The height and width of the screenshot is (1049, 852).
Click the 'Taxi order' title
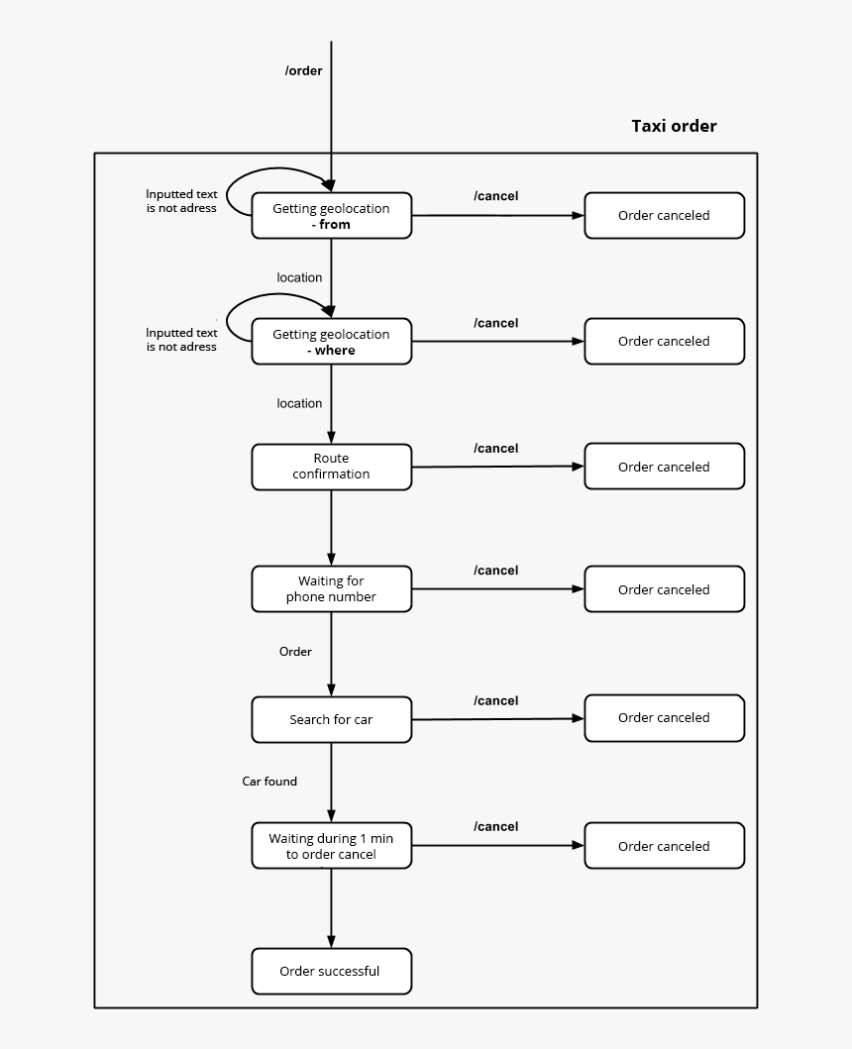674,126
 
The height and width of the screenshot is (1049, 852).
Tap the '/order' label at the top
304,70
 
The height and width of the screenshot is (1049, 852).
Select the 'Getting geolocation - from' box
331,216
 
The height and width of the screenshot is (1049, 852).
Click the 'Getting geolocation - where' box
331,342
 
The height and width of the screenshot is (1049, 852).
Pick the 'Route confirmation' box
331,467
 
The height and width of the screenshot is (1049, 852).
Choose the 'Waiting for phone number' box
331,589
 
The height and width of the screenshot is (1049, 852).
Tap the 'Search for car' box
331,719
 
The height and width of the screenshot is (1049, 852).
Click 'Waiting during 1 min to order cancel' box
331,846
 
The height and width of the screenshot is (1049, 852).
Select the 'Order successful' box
331,971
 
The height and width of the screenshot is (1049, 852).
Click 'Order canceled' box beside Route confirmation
664,467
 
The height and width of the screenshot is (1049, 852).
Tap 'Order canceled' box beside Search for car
664,718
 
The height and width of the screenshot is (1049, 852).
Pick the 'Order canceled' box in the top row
664,216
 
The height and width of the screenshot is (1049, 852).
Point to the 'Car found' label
269,782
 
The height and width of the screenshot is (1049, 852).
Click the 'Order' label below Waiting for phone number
295,652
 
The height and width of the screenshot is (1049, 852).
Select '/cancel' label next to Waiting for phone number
495,571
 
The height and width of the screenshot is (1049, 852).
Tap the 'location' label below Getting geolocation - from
299,278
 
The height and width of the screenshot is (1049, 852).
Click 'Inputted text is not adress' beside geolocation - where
181,340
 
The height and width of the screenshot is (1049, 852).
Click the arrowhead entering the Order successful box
331,942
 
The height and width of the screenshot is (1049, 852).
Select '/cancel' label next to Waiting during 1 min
495,826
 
